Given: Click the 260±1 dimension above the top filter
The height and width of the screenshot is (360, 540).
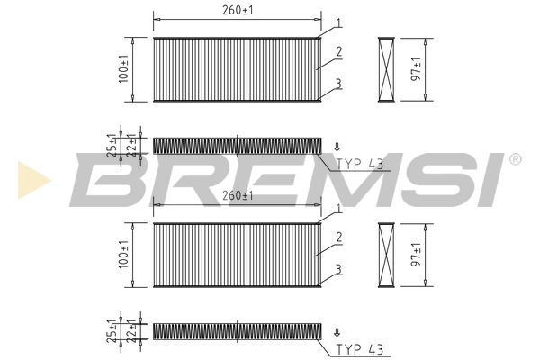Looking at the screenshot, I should click(237, 11).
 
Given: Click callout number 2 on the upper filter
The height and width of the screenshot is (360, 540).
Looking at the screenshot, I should click(337, 51).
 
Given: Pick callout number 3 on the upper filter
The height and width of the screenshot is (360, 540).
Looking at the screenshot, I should click(337, 83).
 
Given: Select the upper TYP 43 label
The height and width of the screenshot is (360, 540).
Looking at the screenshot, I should click(361, 164).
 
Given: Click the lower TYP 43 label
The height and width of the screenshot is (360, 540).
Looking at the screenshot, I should click(361, 349).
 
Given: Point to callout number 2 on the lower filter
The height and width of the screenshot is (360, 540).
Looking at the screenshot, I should click(337, 238).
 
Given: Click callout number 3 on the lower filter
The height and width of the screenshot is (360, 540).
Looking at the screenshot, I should click(337, 269).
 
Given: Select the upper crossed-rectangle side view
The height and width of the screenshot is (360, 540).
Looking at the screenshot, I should click(387, 69).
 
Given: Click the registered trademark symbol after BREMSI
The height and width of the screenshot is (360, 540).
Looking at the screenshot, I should click(515, 159).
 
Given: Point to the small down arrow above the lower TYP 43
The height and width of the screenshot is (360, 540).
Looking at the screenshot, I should click(337, 331).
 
